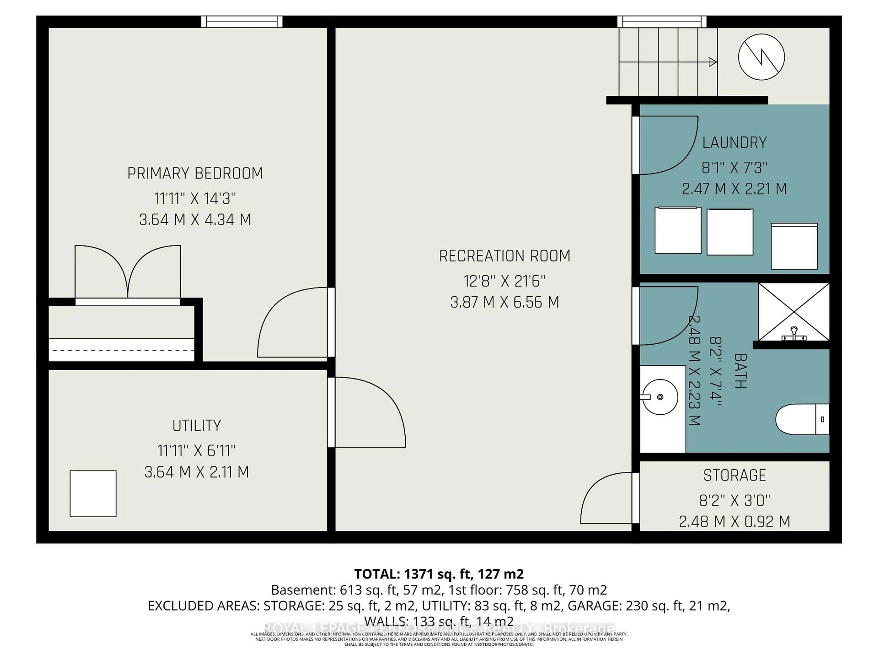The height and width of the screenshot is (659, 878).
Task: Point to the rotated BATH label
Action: pos(741,371)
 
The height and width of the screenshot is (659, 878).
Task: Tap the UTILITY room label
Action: pos(196,426)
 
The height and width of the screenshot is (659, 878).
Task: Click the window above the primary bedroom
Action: pos(242,22)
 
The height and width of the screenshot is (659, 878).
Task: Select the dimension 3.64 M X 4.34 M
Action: pos(195,220)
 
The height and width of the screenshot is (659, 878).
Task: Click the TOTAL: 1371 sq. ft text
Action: pos(439,574)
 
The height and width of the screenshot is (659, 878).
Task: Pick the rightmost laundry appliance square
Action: pos(794,246)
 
